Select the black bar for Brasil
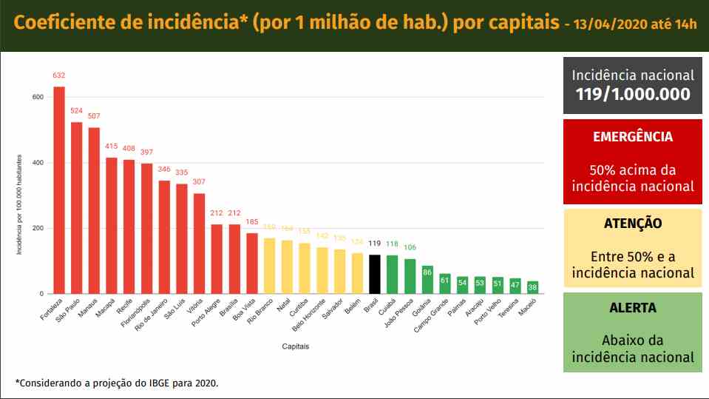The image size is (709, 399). [375, 274]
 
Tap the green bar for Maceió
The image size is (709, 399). [532, 287]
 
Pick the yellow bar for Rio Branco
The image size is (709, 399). [270, 266]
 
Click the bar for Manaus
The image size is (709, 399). [94, 211]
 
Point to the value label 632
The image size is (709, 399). [59, 76]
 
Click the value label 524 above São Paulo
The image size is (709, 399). [77, 111]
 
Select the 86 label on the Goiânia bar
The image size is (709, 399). [427, 272]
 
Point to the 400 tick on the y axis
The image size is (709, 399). [37, 163]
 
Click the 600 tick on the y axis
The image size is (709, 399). [37, 97]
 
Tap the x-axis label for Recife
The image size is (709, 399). [125, 308]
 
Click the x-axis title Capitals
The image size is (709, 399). [295, 346]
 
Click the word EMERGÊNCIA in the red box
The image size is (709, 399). [632, 137]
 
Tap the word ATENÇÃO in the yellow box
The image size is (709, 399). [632, 223]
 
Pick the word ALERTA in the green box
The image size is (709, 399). [632, 308]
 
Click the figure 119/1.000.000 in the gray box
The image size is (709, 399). [632, 94]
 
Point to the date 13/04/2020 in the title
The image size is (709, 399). [609, 24]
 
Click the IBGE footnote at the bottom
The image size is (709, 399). [117, 383]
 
